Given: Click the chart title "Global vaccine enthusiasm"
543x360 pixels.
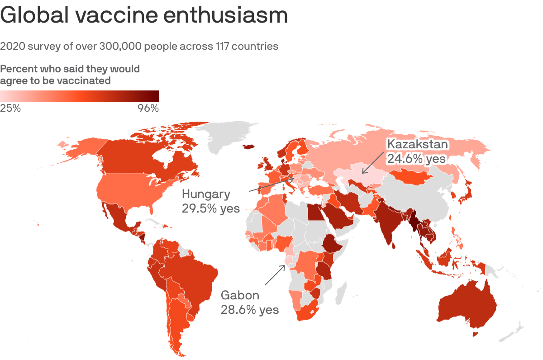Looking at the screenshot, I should pos(144,16).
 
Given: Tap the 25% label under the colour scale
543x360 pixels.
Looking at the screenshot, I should pos(10,109).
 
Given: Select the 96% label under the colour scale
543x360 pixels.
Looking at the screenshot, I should pos(148,109).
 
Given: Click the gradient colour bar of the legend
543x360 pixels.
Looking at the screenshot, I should pos(80,96).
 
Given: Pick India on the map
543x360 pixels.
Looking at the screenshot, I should pos(387,222).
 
